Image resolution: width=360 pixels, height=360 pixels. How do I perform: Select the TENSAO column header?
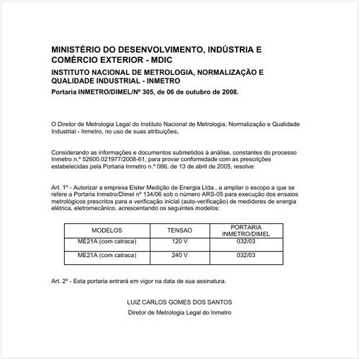tap(180, 230)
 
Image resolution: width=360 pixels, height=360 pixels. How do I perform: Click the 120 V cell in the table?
tap(180, 242)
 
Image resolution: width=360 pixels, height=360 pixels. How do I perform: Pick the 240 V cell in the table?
tap(180, 255)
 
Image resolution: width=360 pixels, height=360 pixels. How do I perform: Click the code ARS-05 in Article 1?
tap(209, 194)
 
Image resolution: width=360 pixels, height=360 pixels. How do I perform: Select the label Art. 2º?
tap(62, 280)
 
